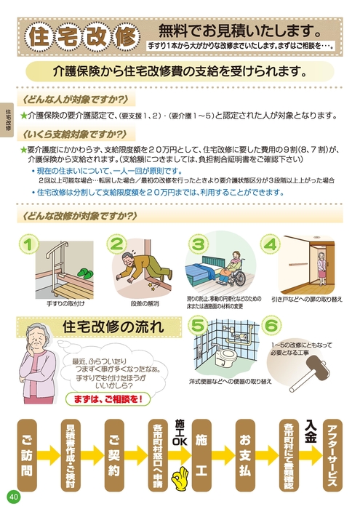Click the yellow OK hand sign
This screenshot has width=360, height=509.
tap(178, 479)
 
